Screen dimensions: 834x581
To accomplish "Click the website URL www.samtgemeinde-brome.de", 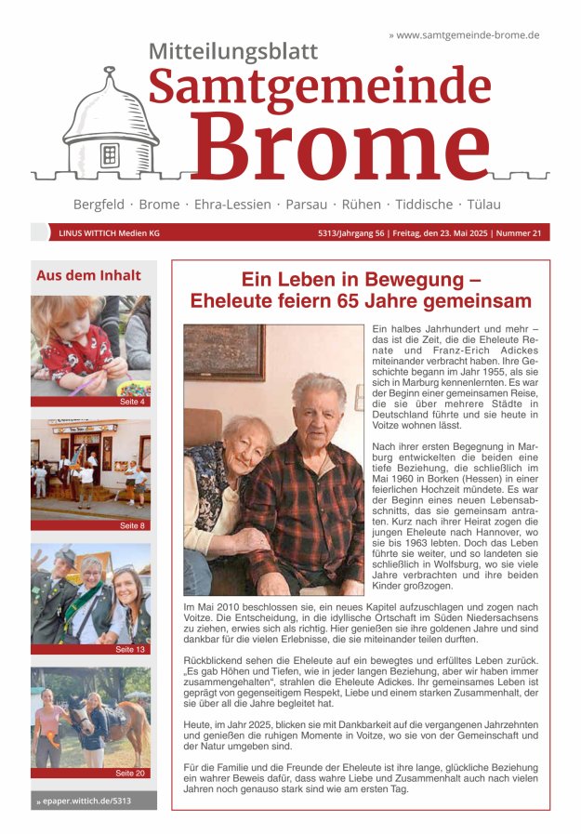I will coord(468,34).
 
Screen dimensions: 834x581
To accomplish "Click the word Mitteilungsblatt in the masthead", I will coord(233,52).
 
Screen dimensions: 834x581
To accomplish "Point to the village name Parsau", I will coord(306,204).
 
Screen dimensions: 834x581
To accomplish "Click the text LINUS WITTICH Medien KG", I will coord(109,233).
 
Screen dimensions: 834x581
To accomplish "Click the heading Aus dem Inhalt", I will coord(88,275).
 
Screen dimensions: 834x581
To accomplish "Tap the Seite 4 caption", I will coord(132,402).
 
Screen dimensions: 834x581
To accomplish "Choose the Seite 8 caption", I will coord(132,525).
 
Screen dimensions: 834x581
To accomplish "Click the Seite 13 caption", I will coord(130,649).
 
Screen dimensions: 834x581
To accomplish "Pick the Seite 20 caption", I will coord(130,773).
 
